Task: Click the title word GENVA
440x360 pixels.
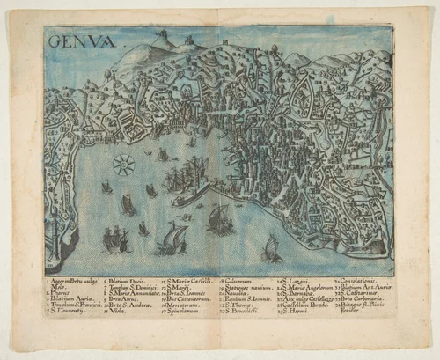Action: (x=72, y=40)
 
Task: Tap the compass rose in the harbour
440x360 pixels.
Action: (x=124, y=163)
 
